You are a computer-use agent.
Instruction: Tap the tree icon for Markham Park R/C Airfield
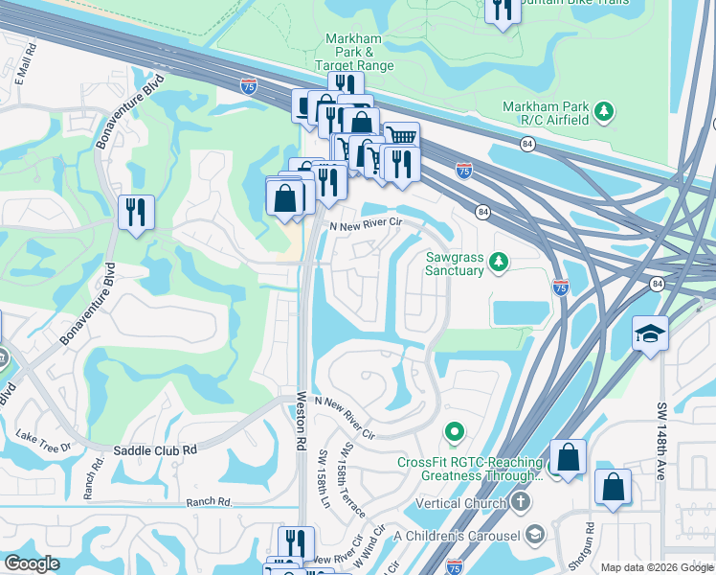point(604,113)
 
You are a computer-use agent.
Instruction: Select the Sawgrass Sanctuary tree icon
point(498,261)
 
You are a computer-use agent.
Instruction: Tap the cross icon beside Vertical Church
point(520,502)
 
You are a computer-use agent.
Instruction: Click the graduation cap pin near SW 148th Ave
point(650,333)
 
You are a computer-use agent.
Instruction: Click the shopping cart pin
point(402,139)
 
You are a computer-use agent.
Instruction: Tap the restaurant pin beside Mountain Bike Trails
point(502,10)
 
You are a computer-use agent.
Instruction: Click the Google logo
point(32,563)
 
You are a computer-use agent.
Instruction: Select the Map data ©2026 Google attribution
point(657,567)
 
